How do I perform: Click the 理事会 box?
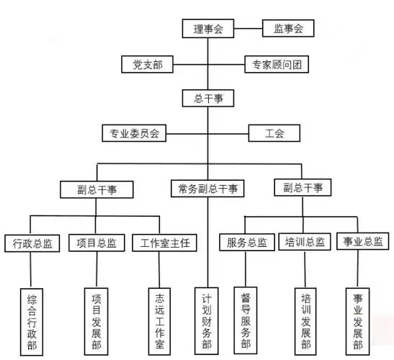208,28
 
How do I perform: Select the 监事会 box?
288,28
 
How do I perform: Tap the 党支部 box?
147,64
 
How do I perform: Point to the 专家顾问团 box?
277,64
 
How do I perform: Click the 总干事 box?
208,98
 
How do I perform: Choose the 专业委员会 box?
134,133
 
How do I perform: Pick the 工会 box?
274,133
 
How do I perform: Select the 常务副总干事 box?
207,189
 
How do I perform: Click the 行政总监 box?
32,243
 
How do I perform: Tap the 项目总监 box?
97,243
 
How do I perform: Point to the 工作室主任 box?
164,243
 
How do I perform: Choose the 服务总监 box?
247,242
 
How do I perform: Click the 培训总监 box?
305,242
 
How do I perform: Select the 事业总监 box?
363,241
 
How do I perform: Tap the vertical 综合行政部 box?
32,322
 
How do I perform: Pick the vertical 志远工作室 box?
160,321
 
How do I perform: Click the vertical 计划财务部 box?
207,321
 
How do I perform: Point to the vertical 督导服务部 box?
246,320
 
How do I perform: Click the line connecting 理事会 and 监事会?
249,28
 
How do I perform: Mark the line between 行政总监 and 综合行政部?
31,270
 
